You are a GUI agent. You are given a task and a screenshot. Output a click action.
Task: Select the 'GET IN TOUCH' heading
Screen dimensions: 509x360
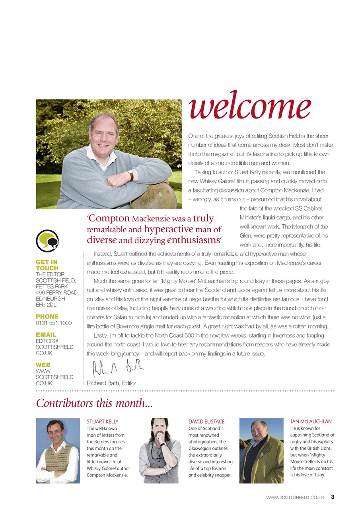pyautogui.click(x=47, y=265)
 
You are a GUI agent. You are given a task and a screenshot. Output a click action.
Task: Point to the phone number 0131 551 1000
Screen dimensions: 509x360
pyautogui.click(x=54, y=323)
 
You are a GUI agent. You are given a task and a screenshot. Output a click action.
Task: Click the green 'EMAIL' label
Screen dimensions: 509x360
pyautogui.click(x=46, y=335)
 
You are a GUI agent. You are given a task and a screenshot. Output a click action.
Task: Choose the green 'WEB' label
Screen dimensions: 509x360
pyautogui.click(x=43, y=365)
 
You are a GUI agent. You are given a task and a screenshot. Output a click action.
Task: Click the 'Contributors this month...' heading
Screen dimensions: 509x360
pyautogui.click(x=94, y=403)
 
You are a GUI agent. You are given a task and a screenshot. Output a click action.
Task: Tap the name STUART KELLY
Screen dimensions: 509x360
pyautogui.click(x=103, y=422)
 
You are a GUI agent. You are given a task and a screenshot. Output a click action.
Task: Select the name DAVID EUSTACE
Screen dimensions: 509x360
pyautogui.click(x=206, y=422)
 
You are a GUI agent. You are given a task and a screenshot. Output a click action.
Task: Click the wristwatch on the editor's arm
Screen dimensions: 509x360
pyautogui.click(x=130, y=175)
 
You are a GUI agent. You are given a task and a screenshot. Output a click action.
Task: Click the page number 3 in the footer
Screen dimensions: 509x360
pyautogui.click(x=333, y=497)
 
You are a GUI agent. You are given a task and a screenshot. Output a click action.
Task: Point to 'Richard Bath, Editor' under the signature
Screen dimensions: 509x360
pyautogui.click(x=111, y=383)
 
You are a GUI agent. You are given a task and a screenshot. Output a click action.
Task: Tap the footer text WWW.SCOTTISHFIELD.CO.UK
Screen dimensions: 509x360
pyautogui.click(x=295, y=497)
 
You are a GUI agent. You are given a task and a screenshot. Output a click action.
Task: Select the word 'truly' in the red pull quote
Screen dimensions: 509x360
pyautogui.click(x=204, y=218)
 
